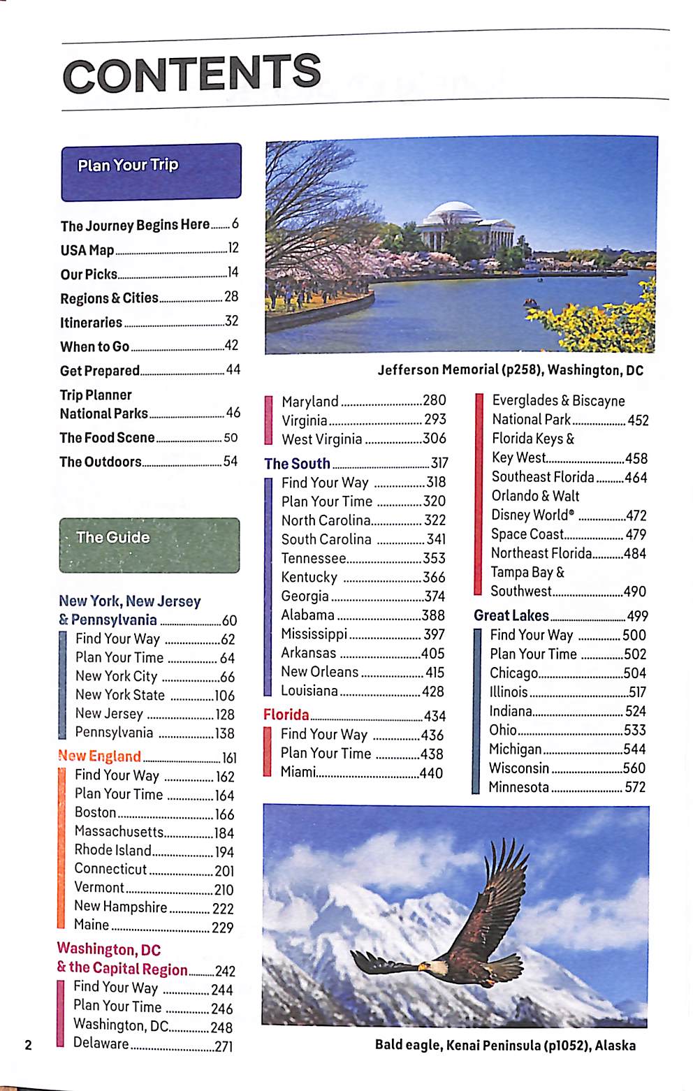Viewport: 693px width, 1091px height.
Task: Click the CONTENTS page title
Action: tap(192, 73)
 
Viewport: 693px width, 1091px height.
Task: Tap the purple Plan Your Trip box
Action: tap(151, 172)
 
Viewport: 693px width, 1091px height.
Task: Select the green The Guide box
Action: tap(149, 545)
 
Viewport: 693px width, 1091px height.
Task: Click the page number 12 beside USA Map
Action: tap(233, 248)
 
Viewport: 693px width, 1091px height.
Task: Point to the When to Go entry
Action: tap(94, 346)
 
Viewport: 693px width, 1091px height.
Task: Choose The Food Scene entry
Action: tap(107, 438)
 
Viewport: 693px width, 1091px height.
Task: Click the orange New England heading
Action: tap(100, 756)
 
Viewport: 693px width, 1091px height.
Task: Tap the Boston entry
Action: tap(96, 813)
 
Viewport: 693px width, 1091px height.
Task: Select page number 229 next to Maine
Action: tap(222, 928)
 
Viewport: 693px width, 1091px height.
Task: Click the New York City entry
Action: tap(116, 677)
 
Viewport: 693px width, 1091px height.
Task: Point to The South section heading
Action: tap(297, 464)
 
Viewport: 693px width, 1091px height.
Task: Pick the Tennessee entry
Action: tap(314, 559)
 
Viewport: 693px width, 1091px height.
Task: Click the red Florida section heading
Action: tap(286, 715)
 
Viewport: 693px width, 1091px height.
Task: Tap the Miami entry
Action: tap(298, 773)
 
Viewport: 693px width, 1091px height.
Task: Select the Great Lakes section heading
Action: tap(511, 616)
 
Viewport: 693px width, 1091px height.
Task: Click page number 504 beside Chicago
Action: tap(634, 673)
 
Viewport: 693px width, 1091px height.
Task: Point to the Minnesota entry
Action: tap(519, 788)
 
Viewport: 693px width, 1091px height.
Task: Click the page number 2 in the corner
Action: tap(29, 1045)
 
